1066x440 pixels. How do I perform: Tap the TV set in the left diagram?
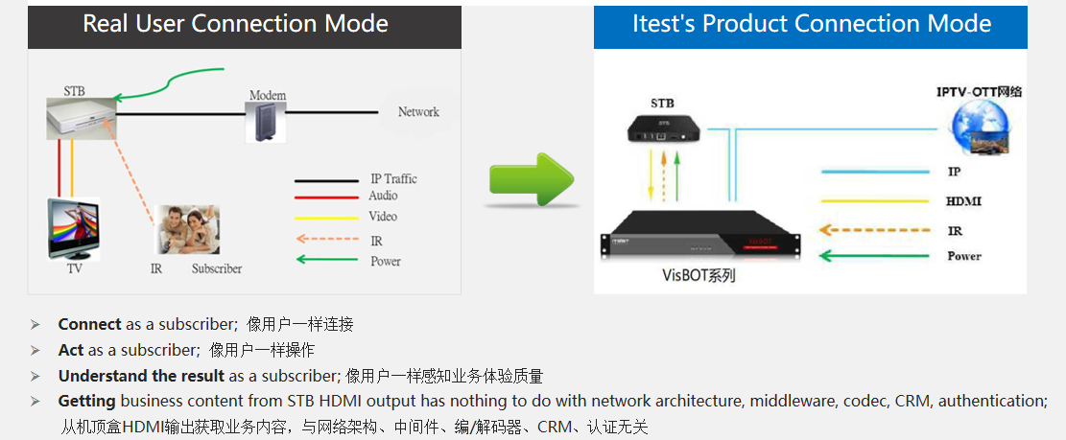coord(74,228)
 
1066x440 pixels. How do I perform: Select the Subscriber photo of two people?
coord(189,229)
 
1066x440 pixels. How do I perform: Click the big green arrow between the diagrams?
coord(531,178)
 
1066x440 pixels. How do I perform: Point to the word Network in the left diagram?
coord(418,112)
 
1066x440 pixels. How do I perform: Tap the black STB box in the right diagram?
coord(661,128)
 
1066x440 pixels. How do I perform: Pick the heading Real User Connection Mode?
coord(236,24)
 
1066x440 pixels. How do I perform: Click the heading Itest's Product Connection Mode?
coord(812,24)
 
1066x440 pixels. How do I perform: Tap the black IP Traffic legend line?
coord(326,180)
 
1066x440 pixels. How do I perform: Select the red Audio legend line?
coord(326,197)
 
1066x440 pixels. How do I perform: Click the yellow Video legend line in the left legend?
coord(326,218)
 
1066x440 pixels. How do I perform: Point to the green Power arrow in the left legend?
coord(326,260)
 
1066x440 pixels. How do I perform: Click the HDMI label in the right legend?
coord(963,201)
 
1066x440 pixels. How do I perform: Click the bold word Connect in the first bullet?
coord(89,324)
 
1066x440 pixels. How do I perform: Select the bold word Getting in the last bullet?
coord(86,401)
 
